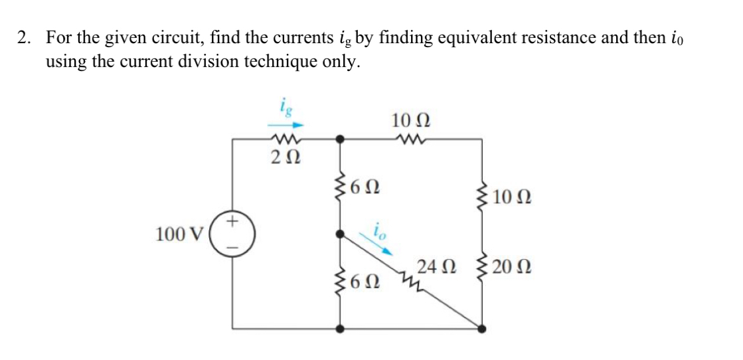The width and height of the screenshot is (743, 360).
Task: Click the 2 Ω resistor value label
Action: [x=286, y=159]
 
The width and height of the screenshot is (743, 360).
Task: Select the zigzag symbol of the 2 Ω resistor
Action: [x=285, y=139]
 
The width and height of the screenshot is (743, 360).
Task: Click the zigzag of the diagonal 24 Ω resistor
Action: [x=407, y=280]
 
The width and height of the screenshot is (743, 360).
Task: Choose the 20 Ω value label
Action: [x=511, y=268]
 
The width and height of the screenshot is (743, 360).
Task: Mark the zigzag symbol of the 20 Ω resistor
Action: [x=483, y=268]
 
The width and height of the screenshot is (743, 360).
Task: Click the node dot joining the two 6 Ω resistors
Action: [x=341, y=234]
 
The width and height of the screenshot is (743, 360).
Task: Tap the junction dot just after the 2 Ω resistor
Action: [x=341, y=139]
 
